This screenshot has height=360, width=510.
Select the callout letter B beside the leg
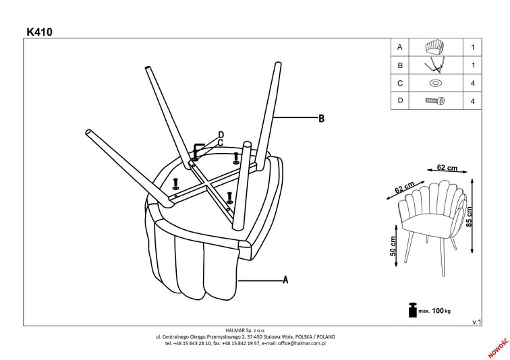click(322, 119)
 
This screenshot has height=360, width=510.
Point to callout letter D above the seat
click(221, 134)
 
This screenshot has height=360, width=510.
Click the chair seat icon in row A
click(434, 48)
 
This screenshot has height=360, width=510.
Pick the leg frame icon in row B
click(434, 66)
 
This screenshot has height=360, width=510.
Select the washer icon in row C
click(434, 84)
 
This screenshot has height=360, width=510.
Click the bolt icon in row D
click(434, 101)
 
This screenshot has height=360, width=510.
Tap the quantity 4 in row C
click(472, 84)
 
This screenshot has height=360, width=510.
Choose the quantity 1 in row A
click(472, 48)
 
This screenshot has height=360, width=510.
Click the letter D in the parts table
click(400, 101)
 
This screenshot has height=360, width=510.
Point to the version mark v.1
click(476, 323)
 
